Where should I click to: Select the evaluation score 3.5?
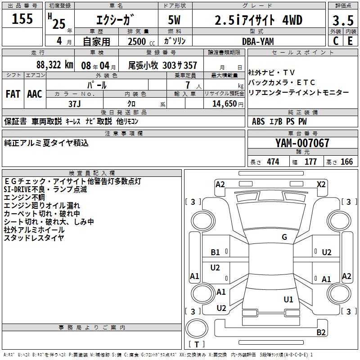343,21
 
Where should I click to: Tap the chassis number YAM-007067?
302,143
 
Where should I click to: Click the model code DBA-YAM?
258,41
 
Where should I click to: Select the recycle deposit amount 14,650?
223,103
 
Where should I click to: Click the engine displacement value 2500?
137,41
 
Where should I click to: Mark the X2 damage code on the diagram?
321,184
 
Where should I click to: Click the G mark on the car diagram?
284,237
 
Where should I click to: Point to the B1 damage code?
216,252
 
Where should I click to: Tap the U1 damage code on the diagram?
288,299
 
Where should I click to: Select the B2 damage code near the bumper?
321,333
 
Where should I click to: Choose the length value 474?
273,162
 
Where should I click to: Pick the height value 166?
346,162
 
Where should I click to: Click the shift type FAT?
13,94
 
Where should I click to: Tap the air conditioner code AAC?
35,94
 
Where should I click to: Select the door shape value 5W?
175,21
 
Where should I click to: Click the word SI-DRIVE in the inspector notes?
21,189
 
